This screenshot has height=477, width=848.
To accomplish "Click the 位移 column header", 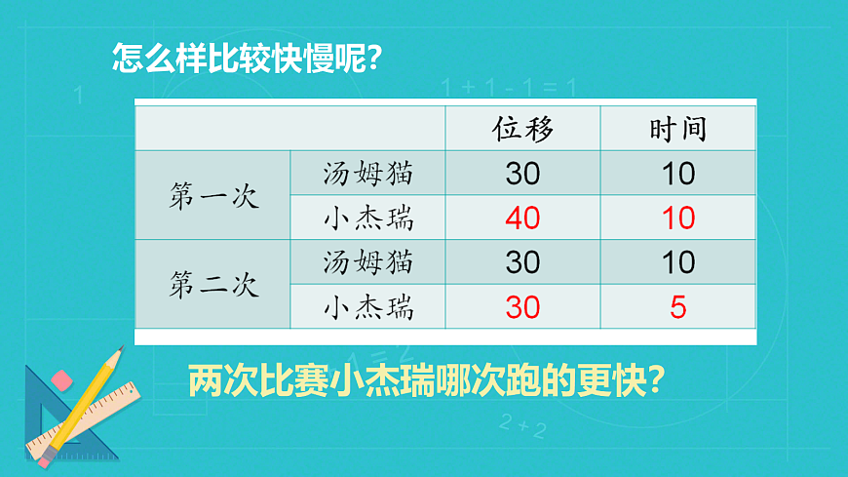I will [522, 129].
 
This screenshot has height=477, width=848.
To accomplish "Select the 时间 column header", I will [677, 129].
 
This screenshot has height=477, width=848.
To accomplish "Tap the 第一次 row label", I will [212, 196].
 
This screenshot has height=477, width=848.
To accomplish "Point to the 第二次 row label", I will [212, 285].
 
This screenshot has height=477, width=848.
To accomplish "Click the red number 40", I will [522, 218].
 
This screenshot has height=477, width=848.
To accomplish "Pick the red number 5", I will [678, 307].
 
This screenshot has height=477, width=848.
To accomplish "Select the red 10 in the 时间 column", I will [678, 218].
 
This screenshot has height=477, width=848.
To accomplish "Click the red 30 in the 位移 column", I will [522, 307].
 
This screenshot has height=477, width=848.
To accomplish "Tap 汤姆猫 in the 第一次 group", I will [368, 174].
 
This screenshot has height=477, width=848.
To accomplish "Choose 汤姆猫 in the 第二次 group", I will [368, 262].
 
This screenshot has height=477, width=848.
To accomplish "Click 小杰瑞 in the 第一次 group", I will [368, 218].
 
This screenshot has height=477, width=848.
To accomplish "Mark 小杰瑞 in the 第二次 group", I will [368, 307].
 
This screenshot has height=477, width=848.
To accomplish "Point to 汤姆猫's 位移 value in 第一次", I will [522, 174].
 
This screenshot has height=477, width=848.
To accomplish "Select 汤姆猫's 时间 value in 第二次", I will [678, 262].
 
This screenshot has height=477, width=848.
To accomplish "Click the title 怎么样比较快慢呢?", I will [245, 58].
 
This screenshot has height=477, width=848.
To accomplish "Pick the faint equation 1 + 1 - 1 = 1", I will [508, 88].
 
